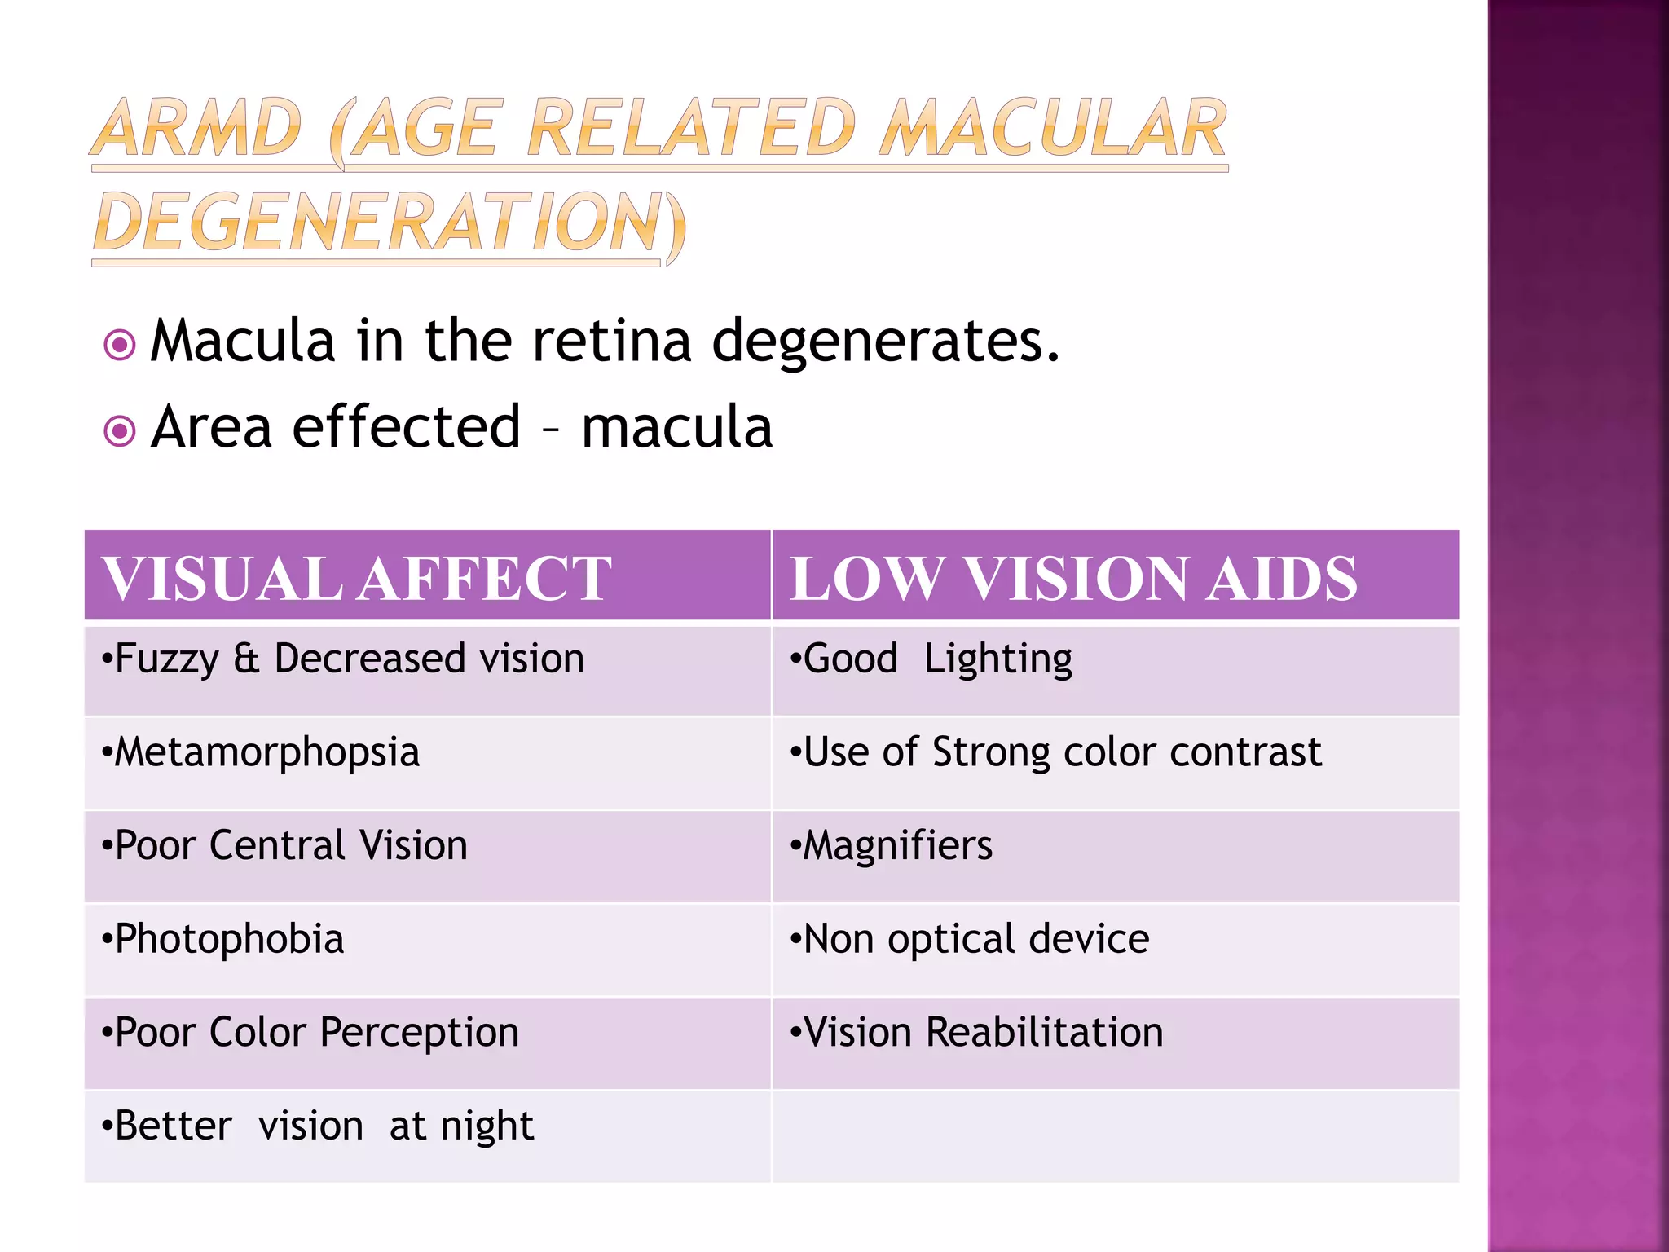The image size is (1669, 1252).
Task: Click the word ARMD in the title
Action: click(196, 128)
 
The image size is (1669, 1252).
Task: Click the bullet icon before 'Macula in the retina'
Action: click(120, 345)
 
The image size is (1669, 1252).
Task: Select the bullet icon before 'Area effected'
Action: click(120, 430)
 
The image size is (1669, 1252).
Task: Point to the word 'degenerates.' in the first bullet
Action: click(886, 341)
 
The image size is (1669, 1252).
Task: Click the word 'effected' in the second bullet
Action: click(406, 426)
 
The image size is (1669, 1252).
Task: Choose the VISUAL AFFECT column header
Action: click(357, 578)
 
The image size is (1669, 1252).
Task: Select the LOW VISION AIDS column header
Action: click(1073, 578)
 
